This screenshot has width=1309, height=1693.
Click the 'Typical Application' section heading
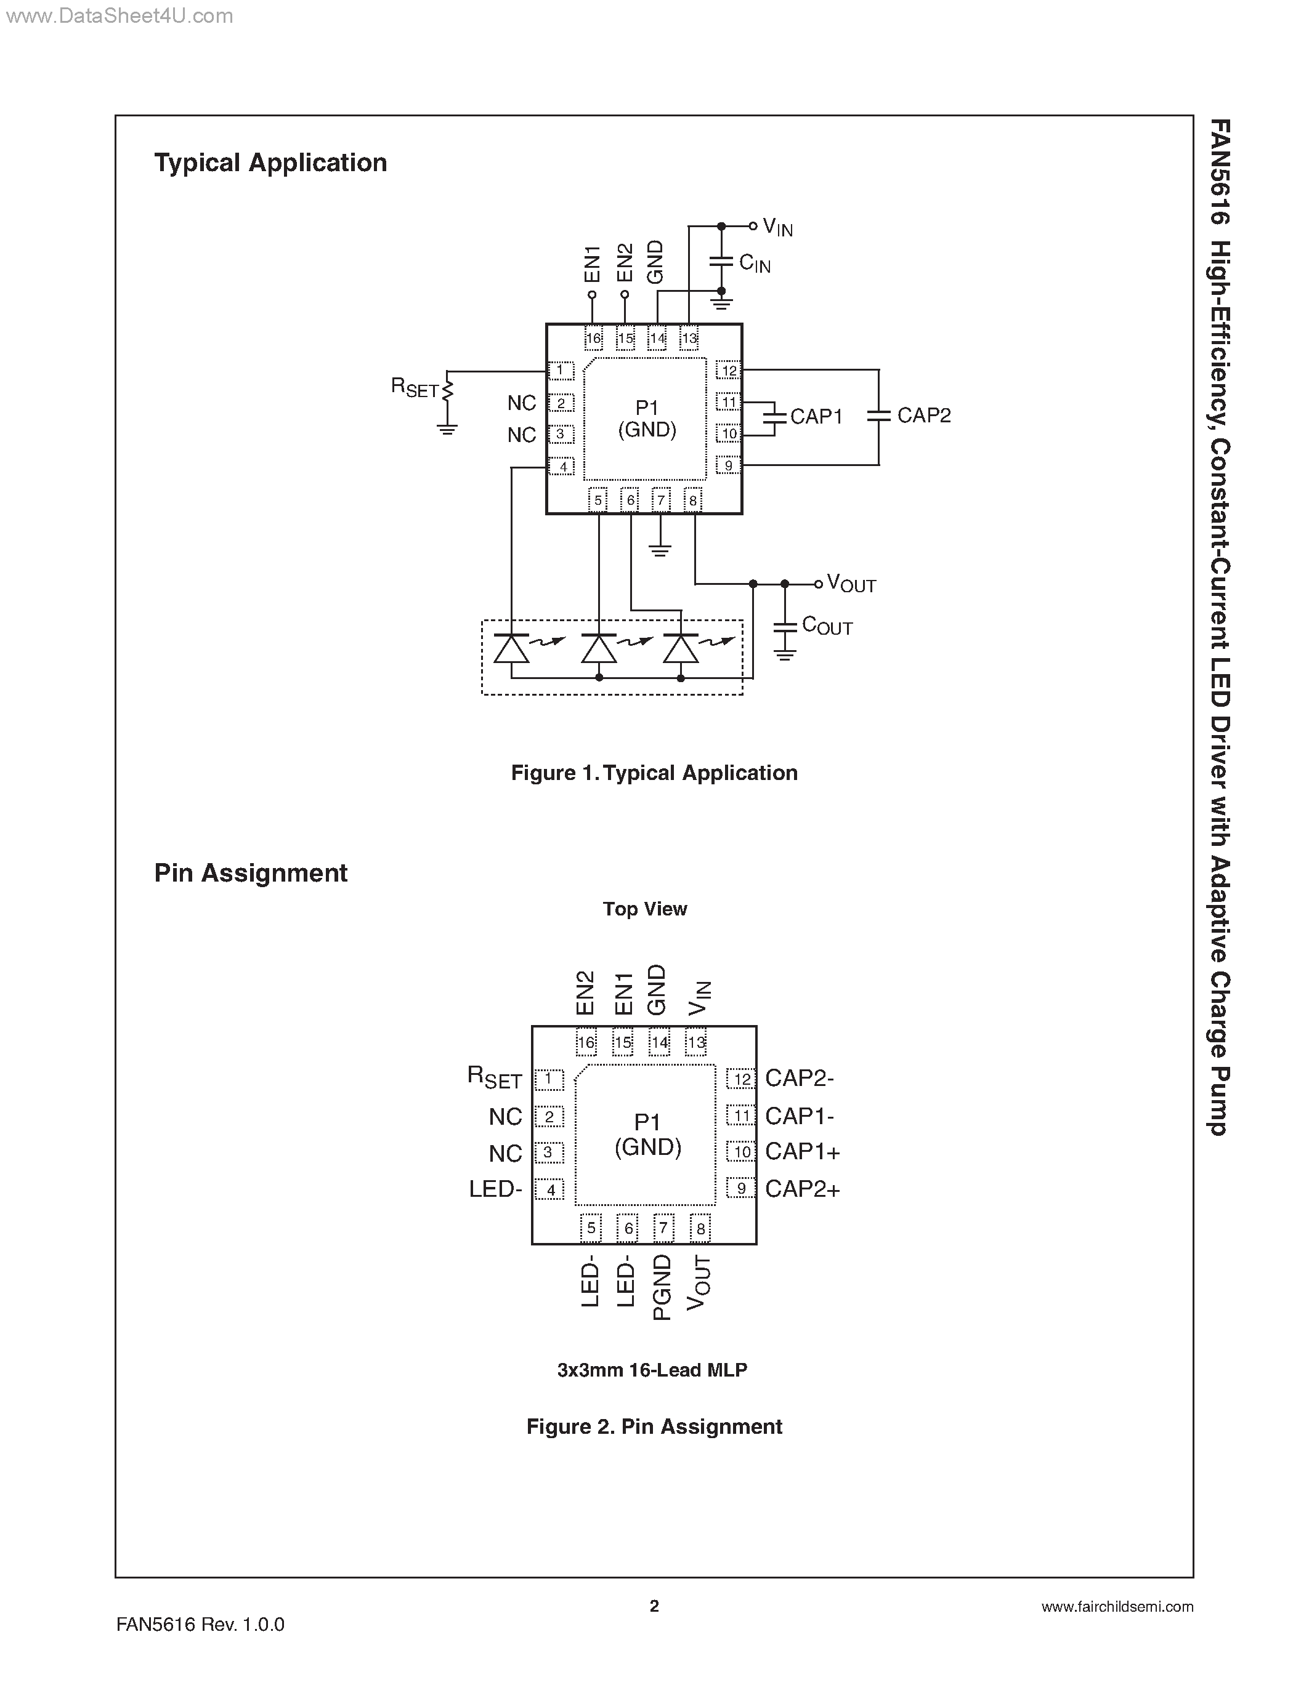tap(270, 163)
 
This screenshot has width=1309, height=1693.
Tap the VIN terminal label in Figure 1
tap(777, 227)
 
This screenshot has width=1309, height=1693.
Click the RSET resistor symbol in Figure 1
tap(447, 391)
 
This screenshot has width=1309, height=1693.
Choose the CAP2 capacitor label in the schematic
tap(923, 416)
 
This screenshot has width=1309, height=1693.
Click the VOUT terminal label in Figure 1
tap(851, 584)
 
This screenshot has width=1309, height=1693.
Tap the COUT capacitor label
tap(827, 625)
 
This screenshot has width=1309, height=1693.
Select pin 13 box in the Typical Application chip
tap(689, 339)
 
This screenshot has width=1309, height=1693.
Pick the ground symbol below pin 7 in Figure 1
tap(660, 550)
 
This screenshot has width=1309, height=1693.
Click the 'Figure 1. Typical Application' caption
tap(654, 773)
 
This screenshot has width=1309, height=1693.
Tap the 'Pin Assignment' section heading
tap(251, 873)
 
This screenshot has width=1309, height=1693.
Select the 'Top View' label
tap(644, 909)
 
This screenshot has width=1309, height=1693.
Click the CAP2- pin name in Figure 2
tap(800, 1078)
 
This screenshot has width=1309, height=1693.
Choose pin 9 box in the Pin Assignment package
tap(740, 1188)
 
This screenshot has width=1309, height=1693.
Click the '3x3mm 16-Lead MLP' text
tap(651, 1370)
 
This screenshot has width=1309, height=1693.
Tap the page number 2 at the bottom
tap(654, 1606)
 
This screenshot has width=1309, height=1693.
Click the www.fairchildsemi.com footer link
tap(1117, 1607)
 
